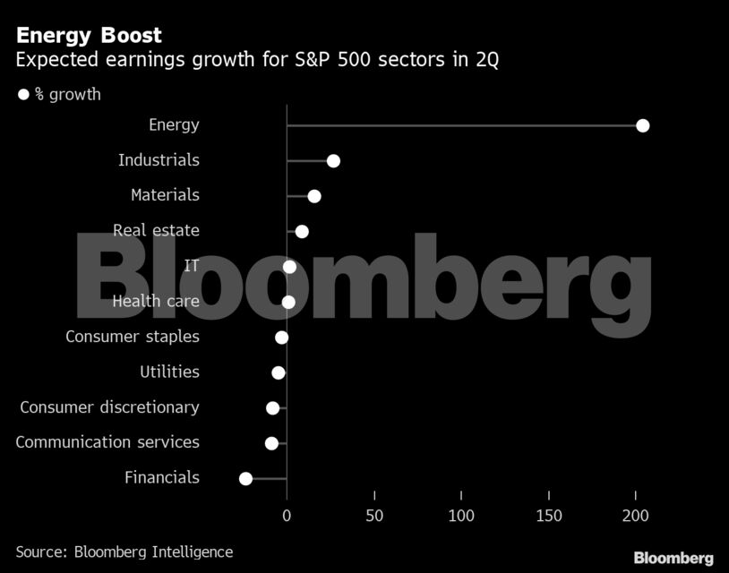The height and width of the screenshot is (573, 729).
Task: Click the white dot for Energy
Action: (x=642, y=125)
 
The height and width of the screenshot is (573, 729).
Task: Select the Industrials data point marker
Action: (x=333, y=161)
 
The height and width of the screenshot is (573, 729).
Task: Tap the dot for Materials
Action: (x=313, y=196)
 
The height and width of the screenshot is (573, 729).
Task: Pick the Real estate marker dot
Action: (x=302, y=232)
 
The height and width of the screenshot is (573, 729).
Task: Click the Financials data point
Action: (x=245, y=479)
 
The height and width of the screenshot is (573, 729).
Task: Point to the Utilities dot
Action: (x=279, y=372)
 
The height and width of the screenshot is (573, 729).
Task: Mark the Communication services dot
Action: (x=271, y=443)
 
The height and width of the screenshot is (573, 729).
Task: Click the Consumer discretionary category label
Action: (x=109, y=407)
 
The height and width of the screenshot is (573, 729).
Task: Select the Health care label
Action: (x=156, y=301)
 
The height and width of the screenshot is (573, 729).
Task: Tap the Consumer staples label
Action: (x=133, y=337)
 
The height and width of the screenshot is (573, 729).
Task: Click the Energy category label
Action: (x=174, y=125)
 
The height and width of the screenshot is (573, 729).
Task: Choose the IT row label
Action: (x=191, y=266)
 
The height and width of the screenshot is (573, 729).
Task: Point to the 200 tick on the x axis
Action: (x=636, y=516)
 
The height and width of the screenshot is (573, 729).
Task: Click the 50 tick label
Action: (x=374, y=516)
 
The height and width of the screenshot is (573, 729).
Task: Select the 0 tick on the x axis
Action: (x=287, y=516)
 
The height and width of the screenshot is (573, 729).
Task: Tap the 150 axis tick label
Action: (x=549, y=516)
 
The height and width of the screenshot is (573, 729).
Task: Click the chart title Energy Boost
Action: (x=89, y=35)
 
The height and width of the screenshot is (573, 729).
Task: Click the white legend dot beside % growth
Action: (x=23, y=94)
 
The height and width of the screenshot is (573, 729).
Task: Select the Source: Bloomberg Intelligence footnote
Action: (x=124, y=552)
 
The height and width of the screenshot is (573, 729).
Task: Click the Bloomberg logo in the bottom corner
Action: (x=673, y=558)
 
